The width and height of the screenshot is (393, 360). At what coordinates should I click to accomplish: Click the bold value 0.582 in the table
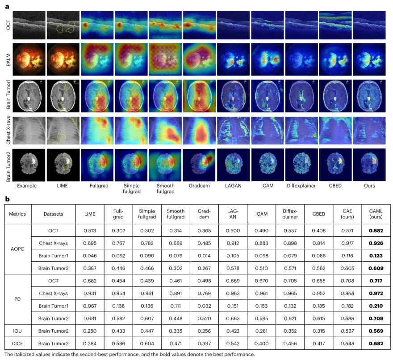tap(376, 230)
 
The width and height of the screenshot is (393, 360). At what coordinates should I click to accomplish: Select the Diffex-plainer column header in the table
tap(290, 214)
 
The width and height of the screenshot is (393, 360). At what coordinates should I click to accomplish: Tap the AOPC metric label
tap(17, 249)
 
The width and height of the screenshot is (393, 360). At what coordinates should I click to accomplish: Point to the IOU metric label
tap(17, 331)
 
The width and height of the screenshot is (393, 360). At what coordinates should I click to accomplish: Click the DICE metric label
tap(17, 343)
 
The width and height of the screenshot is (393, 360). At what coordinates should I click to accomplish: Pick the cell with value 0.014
tap(204, 256)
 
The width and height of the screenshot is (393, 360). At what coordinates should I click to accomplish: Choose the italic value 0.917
tap(347, 243)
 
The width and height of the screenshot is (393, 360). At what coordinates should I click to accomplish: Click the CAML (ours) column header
tap(376, 214)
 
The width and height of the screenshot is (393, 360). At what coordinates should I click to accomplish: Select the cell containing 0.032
tap(204, 306)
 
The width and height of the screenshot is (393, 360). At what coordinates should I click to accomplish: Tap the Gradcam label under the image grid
tap(199, 186)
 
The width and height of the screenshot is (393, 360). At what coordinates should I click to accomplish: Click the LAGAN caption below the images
tap(233, 186)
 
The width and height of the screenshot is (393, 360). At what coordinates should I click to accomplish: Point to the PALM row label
tap(8, 60)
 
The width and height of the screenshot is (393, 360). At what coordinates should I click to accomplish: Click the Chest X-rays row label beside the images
tap(8, 130)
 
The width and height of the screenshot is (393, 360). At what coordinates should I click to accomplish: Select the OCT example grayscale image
tap(29, 25)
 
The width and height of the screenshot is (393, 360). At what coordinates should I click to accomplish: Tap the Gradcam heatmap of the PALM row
tap(199, 59)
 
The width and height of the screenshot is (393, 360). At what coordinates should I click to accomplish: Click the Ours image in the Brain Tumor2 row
tap(369, 165)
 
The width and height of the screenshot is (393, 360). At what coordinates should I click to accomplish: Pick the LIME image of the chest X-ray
tap(63, 130)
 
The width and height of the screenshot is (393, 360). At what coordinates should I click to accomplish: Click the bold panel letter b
tap(7, 199)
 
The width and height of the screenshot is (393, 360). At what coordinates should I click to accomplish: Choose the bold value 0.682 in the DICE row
tap(376, 343)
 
